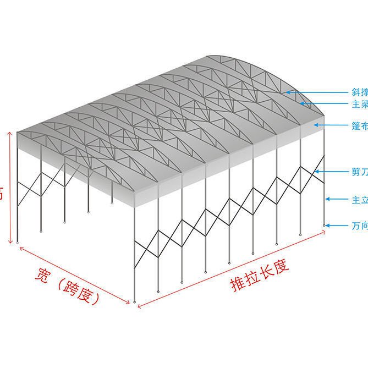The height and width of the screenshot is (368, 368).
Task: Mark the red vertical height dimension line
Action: click(x=10, y=187)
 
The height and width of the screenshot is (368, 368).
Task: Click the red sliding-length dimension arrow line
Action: click(x=231, y=270)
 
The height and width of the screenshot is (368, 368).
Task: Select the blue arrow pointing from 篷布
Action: click(x=329, y=125)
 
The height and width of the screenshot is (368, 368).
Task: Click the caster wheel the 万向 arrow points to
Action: click(x=325, y=224)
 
